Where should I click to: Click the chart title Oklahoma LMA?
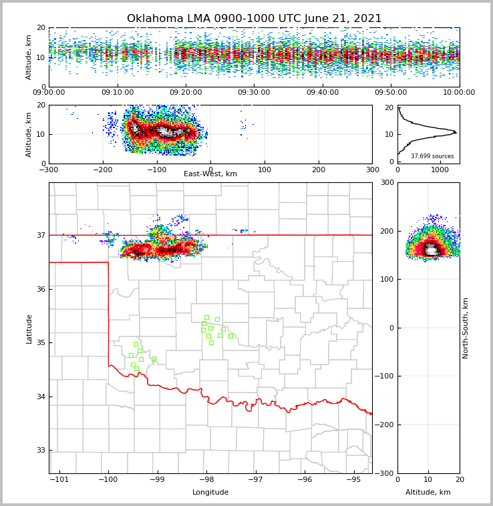click(254, 19)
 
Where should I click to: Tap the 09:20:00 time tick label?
click(186, 93)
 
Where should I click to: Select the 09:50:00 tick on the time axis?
click(391, 93)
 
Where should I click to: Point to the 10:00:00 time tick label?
click(459, 93)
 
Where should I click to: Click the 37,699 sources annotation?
click(432, 156)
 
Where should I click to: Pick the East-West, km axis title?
click(210, 174)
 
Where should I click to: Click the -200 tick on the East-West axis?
click(103, 170)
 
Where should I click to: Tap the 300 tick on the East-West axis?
click(372, 170)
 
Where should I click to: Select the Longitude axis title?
click(210, 493)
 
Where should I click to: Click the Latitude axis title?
click(29, 328)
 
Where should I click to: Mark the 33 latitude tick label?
click(41, 451)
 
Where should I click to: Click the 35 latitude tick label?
click(41, 343)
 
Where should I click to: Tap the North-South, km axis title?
click(466, 328)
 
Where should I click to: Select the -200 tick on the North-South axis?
click(383, 425)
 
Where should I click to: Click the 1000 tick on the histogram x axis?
click(440, 170)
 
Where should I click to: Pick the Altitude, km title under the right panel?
click(428, 493)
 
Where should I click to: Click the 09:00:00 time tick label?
click(49, 93)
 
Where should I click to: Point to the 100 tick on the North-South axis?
click(385, 280)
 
